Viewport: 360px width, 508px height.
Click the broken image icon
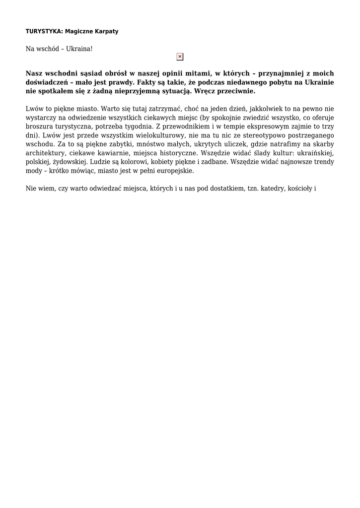pyautogui.click(x=180, y=57)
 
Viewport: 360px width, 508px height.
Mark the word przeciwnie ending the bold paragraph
pyautogui.click(x=233, y=91)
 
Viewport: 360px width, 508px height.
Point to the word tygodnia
pyautogui.click(x=138, y=127)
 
